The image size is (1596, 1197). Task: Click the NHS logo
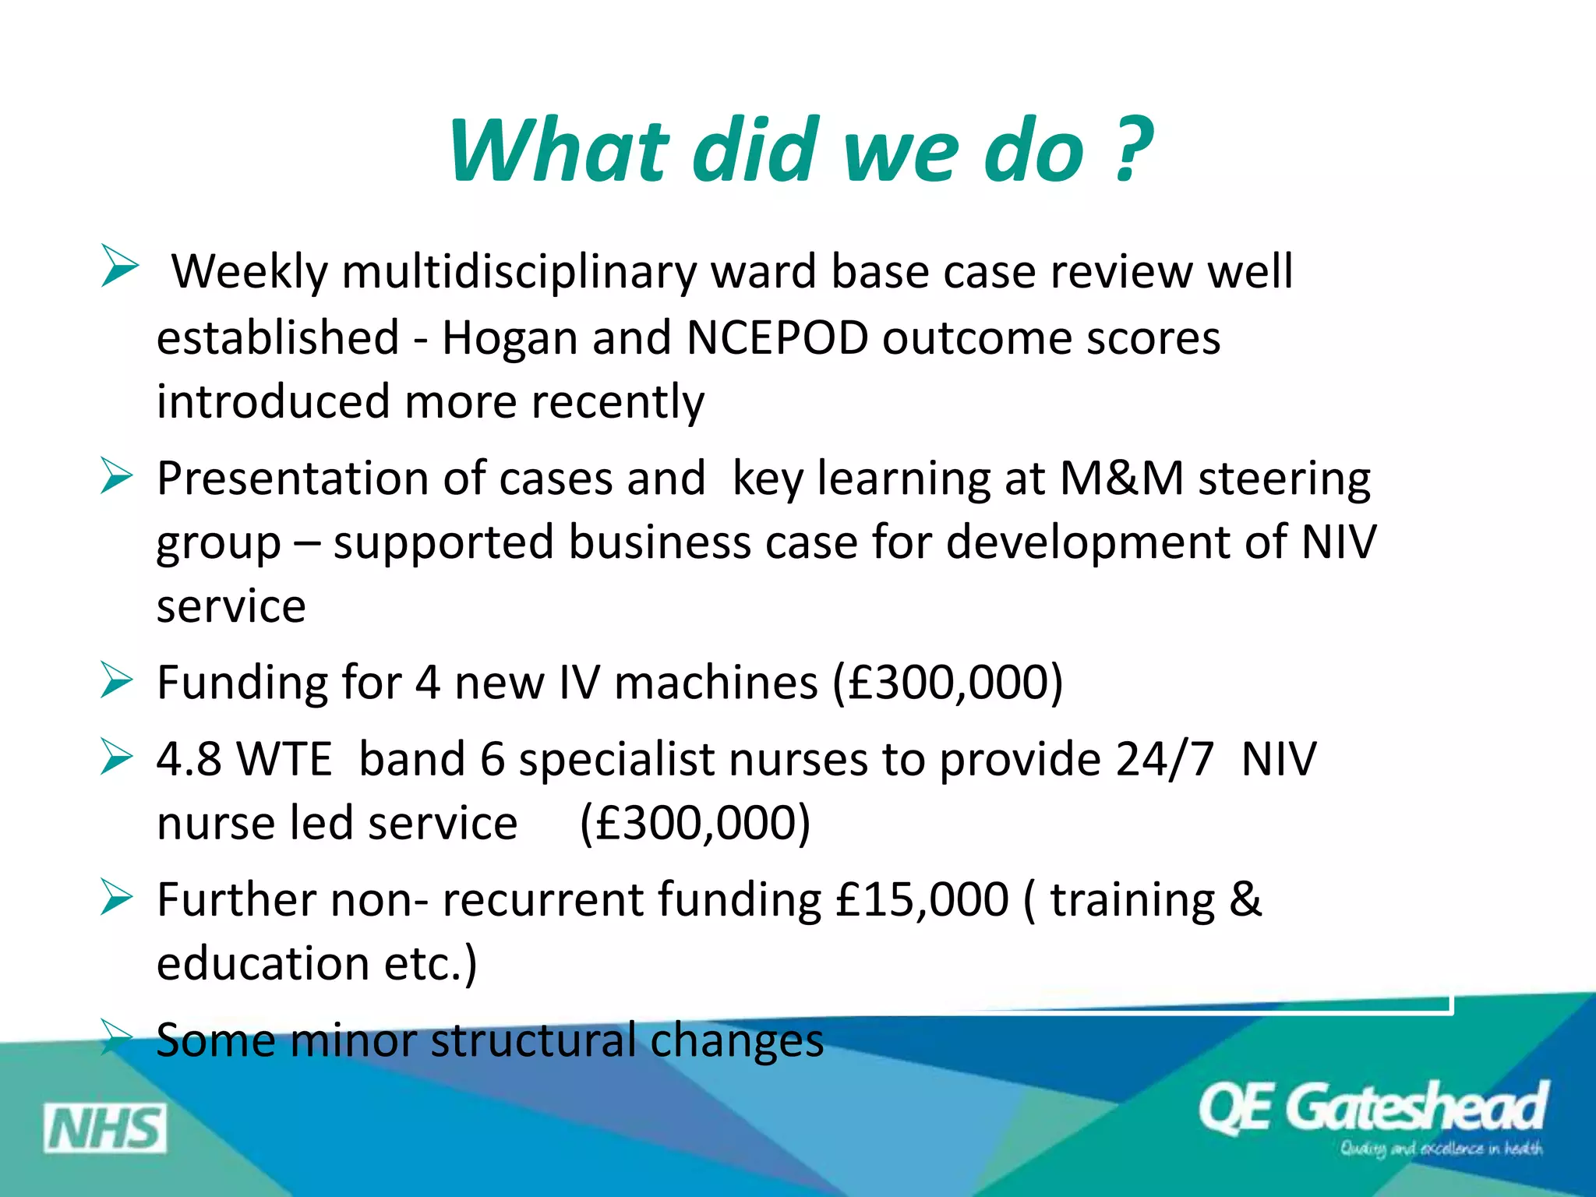click(x=105, y=1128)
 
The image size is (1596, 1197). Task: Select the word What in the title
click(x=558, y=150)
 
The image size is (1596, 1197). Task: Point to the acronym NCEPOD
click(x=777, y=338)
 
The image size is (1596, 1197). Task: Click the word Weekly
click(x=249, y=272)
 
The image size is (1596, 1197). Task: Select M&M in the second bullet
click(x=1121, y=478)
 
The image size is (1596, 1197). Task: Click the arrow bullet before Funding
click(x=118, y=680)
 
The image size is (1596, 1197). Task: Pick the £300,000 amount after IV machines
click(x=948, y=683)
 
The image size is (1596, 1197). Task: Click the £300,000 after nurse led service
click(x=695, y=823)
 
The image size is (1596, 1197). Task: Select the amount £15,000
click(x=922, y=899)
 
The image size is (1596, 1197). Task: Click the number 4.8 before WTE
click(x=189, y=759)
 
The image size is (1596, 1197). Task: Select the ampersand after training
click(x=1245, y=899)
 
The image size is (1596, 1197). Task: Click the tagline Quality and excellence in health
click(x=1441, y=1149)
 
